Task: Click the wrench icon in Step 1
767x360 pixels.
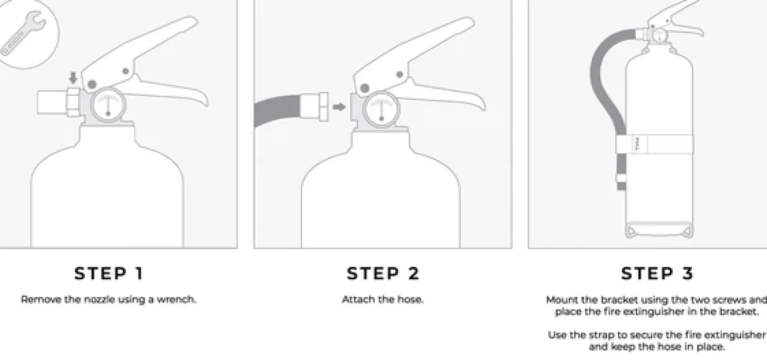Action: click(x=23, y=33)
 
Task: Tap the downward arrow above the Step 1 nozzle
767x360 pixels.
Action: click(x=73, y=78)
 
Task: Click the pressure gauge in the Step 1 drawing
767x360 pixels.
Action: click(x=108, y=105)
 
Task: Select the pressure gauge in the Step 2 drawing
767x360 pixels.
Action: click(x=381, y=109)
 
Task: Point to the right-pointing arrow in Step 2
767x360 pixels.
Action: click(x=339, y=107)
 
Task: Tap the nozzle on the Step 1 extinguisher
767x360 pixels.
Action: click(x=59, y=102)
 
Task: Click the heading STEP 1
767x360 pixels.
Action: click(x=109, y=273)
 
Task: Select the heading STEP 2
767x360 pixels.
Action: click(x=383, y=273)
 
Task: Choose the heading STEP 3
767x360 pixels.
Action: click(x=657, y=273)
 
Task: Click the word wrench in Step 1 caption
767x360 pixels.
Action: click(x=177, y=300)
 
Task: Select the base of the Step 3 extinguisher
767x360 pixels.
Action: click(x=659, y=230)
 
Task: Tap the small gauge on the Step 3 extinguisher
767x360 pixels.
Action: click(x=659, y=36)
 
